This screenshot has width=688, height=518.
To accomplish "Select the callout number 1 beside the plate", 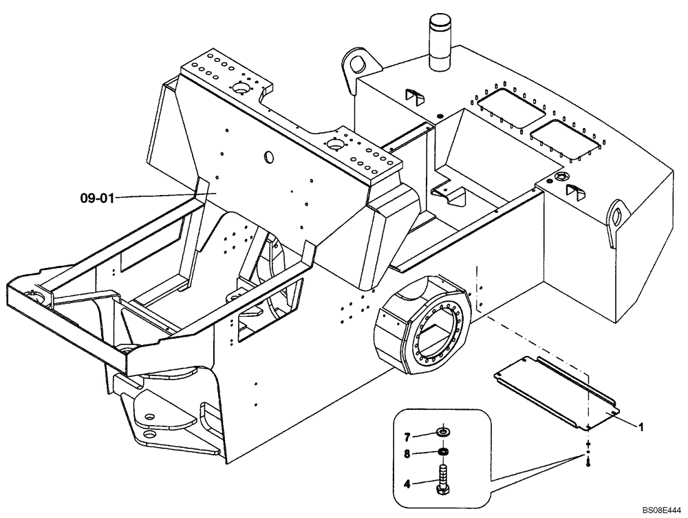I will click(641, 427).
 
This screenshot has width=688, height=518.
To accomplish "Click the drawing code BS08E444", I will click(660, 510).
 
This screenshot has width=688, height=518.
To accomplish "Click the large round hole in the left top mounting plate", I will click(241, 88).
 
